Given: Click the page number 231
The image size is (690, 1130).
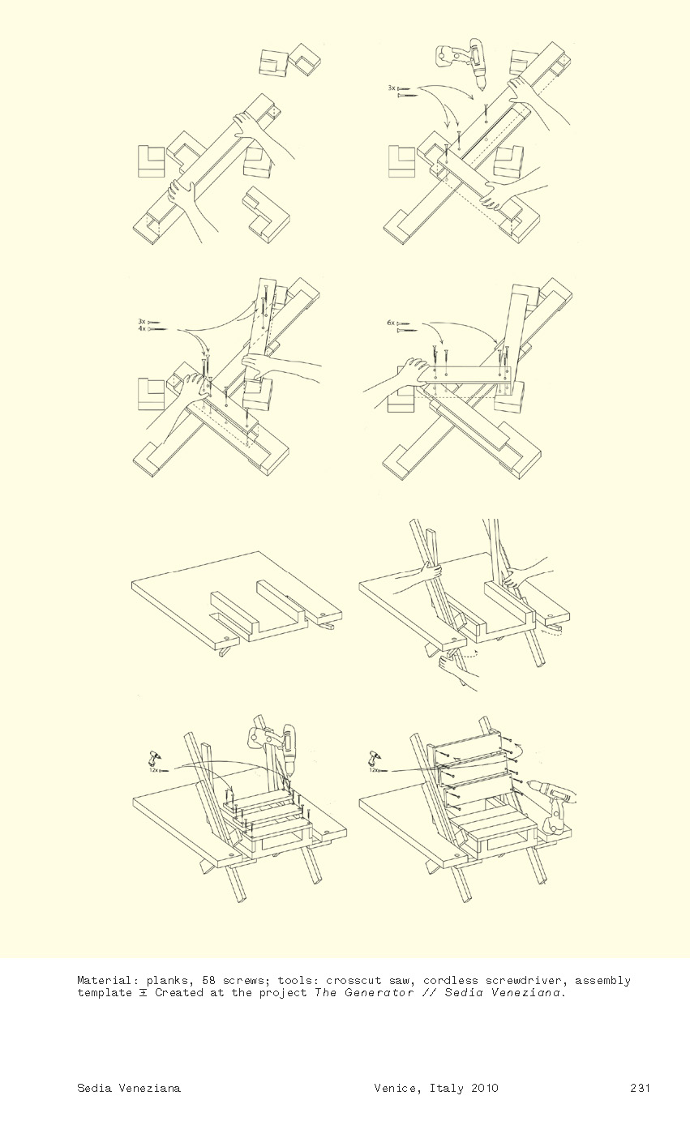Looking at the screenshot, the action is [640, 1088].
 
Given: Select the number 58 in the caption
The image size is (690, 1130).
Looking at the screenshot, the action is [208, 980].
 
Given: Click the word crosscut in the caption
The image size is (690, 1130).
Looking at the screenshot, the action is [354, 980].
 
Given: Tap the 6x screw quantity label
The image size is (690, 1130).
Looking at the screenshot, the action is [391, 323].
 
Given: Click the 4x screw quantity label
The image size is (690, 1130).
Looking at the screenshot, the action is [142, 328].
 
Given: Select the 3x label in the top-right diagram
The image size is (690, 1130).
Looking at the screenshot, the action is [392, 88].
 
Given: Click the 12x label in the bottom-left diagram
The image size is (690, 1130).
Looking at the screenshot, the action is [154, 770].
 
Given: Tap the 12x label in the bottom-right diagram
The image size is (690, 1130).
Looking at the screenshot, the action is [374, 770].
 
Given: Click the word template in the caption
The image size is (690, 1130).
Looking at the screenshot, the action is [105, 993].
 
